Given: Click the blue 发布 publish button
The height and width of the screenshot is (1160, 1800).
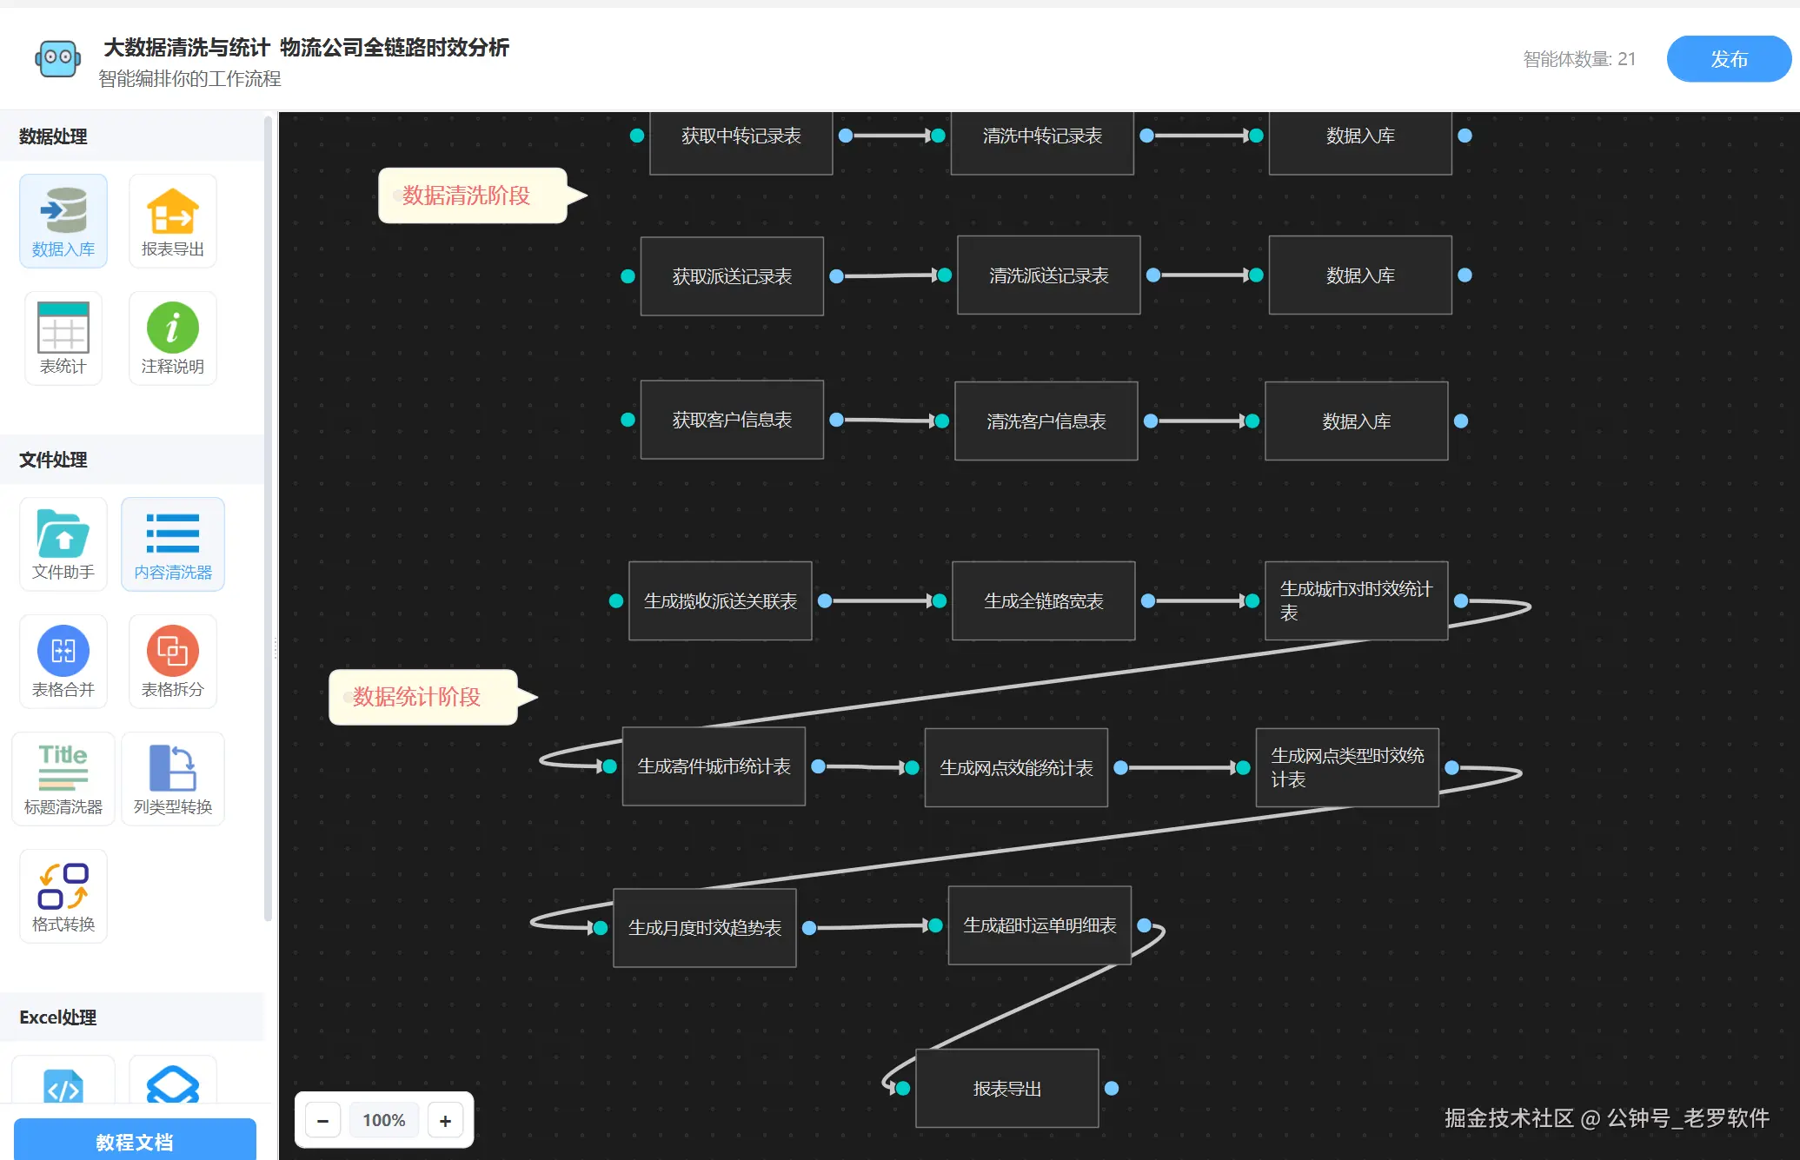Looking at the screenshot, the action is click(1728, 59).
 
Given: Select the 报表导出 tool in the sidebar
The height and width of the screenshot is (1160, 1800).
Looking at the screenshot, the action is click(172, 222).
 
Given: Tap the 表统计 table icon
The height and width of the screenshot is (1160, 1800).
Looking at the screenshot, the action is click(63, 328).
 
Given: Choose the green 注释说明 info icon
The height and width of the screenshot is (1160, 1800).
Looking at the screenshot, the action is click(172, 328).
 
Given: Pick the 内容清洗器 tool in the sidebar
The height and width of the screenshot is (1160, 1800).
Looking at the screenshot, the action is click(172, 544).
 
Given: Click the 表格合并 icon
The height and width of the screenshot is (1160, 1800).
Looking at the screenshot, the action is click(63, 651).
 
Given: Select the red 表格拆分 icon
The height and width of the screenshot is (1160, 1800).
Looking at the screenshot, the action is click(172, 651).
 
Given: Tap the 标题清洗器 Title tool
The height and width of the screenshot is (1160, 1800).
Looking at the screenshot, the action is click(63, 779).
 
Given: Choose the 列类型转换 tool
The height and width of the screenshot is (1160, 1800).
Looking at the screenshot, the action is click(172, 779).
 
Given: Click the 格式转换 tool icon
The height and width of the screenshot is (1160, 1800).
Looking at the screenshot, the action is click(63, 886).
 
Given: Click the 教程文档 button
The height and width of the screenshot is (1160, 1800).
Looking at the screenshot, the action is click(135, 1140).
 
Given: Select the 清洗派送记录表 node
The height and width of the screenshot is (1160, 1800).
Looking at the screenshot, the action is click(1048, 275).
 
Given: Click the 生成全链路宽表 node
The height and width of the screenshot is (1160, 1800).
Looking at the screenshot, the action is click(1043, 600).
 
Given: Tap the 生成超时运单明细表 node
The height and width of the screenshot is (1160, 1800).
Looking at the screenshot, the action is click(1039, 925).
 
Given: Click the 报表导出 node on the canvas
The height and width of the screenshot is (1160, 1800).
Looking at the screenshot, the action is click(1006, 1089).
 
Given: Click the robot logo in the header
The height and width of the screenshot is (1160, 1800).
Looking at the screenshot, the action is click(58, 58).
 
